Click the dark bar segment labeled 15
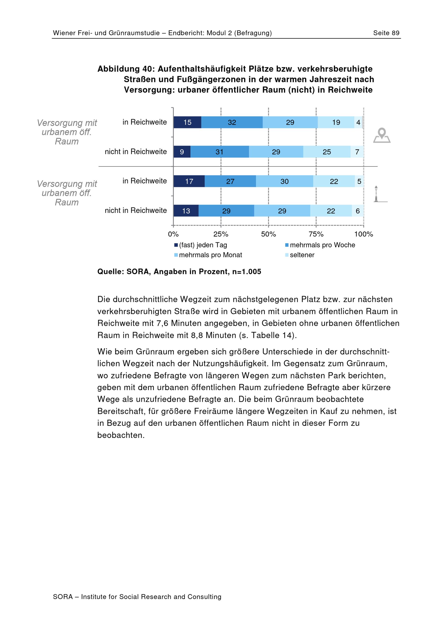187,122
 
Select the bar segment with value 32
232,122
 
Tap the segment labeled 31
220,152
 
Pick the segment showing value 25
327,152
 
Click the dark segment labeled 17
189,181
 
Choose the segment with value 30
285,181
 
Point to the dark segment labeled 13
186,211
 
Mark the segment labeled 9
182,152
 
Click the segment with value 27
230,181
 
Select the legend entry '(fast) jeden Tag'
201,245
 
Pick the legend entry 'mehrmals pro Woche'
320,245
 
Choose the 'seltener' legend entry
300,255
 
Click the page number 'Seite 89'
386,33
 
